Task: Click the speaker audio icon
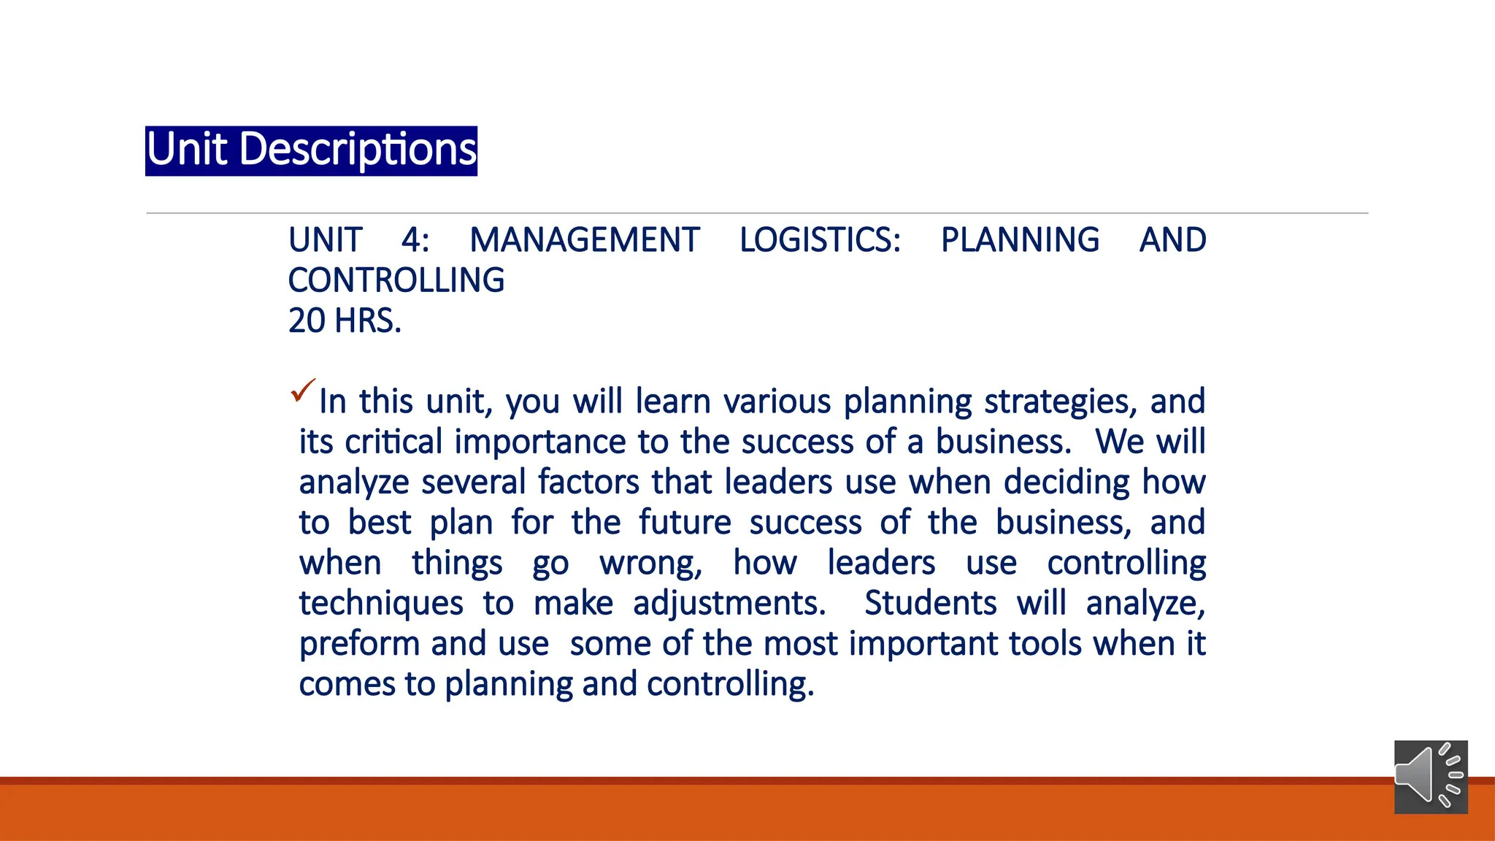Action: coord(1430,776)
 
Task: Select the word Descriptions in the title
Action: coord(358,150)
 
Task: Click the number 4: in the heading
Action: coord(415,240)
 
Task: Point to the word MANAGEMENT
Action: coord(584,240)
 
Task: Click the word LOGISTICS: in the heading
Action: coord(820,240)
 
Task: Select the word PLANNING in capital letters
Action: coord(1020,240)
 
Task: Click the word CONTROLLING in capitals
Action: coord(396,281)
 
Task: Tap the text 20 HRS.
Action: coord(345,321)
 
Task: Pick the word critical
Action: coord(394,442)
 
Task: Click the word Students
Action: coord(930,604)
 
